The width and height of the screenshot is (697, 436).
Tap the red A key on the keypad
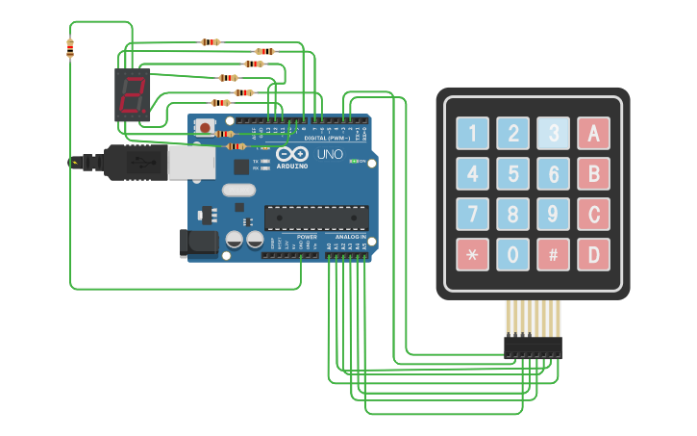[x=593, y=134]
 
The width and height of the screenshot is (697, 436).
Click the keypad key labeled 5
[x=512, y=174]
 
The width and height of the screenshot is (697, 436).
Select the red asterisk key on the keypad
[x=472, y=255]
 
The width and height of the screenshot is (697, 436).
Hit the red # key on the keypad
[x=553, y=255]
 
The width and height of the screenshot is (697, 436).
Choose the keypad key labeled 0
[x=512, y=255]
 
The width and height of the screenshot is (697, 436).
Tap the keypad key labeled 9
[x=553, y=215]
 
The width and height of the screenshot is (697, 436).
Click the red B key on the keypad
[x=593, y=174]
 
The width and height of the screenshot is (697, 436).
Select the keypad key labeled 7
[x=472, y=215]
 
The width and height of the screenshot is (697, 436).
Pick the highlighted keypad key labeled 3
[x=553, y=134]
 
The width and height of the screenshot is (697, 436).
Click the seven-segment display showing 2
[x=133, y=94]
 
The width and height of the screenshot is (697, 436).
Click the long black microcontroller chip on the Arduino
[x=316, y=218]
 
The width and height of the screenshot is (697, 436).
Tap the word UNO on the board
[x=330, y=154]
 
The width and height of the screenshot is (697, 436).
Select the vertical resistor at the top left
[x=70, y=47]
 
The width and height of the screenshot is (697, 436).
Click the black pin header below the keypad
[x=533, y=347]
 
